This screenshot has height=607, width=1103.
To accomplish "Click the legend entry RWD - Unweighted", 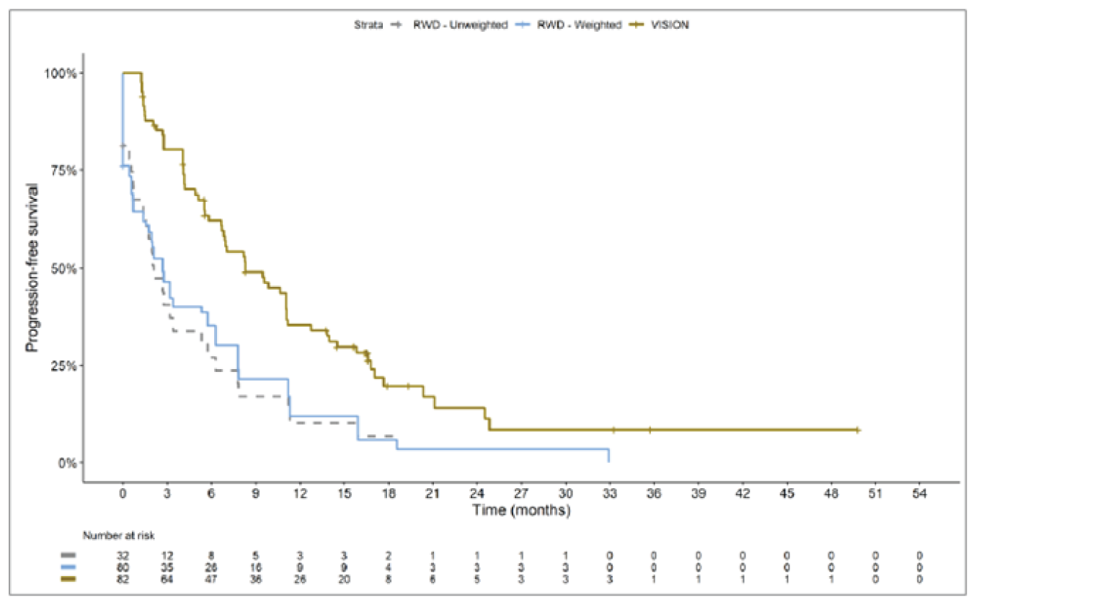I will coord(460,25).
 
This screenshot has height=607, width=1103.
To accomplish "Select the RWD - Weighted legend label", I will coord(579,25).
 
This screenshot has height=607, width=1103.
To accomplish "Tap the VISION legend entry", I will coord(670,25).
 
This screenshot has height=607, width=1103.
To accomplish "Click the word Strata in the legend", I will coord(368,25).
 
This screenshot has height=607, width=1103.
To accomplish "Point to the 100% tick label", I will coord(61,74).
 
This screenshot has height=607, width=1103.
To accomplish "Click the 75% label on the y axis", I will coord(63,171).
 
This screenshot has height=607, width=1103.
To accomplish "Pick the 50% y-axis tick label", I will coord(63,269).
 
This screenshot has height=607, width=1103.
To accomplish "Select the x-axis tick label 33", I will coord(610,494).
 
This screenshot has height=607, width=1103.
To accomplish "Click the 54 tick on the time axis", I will coord(919,494).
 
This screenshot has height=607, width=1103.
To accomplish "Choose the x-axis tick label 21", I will coord(433,494).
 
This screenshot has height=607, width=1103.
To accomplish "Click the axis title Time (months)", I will coord(521,510).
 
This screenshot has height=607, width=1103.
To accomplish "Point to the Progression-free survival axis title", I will coord(32,267).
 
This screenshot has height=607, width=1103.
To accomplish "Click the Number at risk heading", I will coord(118,536).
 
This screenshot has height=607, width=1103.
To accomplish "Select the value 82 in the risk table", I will coord(123,579).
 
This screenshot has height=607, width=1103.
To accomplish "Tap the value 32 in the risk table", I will coord(123,556).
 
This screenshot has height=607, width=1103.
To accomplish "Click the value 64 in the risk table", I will coord(167,579).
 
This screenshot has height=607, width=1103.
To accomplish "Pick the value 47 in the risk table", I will coord(211,579).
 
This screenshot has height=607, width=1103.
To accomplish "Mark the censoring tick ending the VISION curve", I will coord(857,430).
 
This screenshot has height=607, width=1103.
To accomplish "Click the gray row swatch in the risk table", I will coord(68,556).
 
